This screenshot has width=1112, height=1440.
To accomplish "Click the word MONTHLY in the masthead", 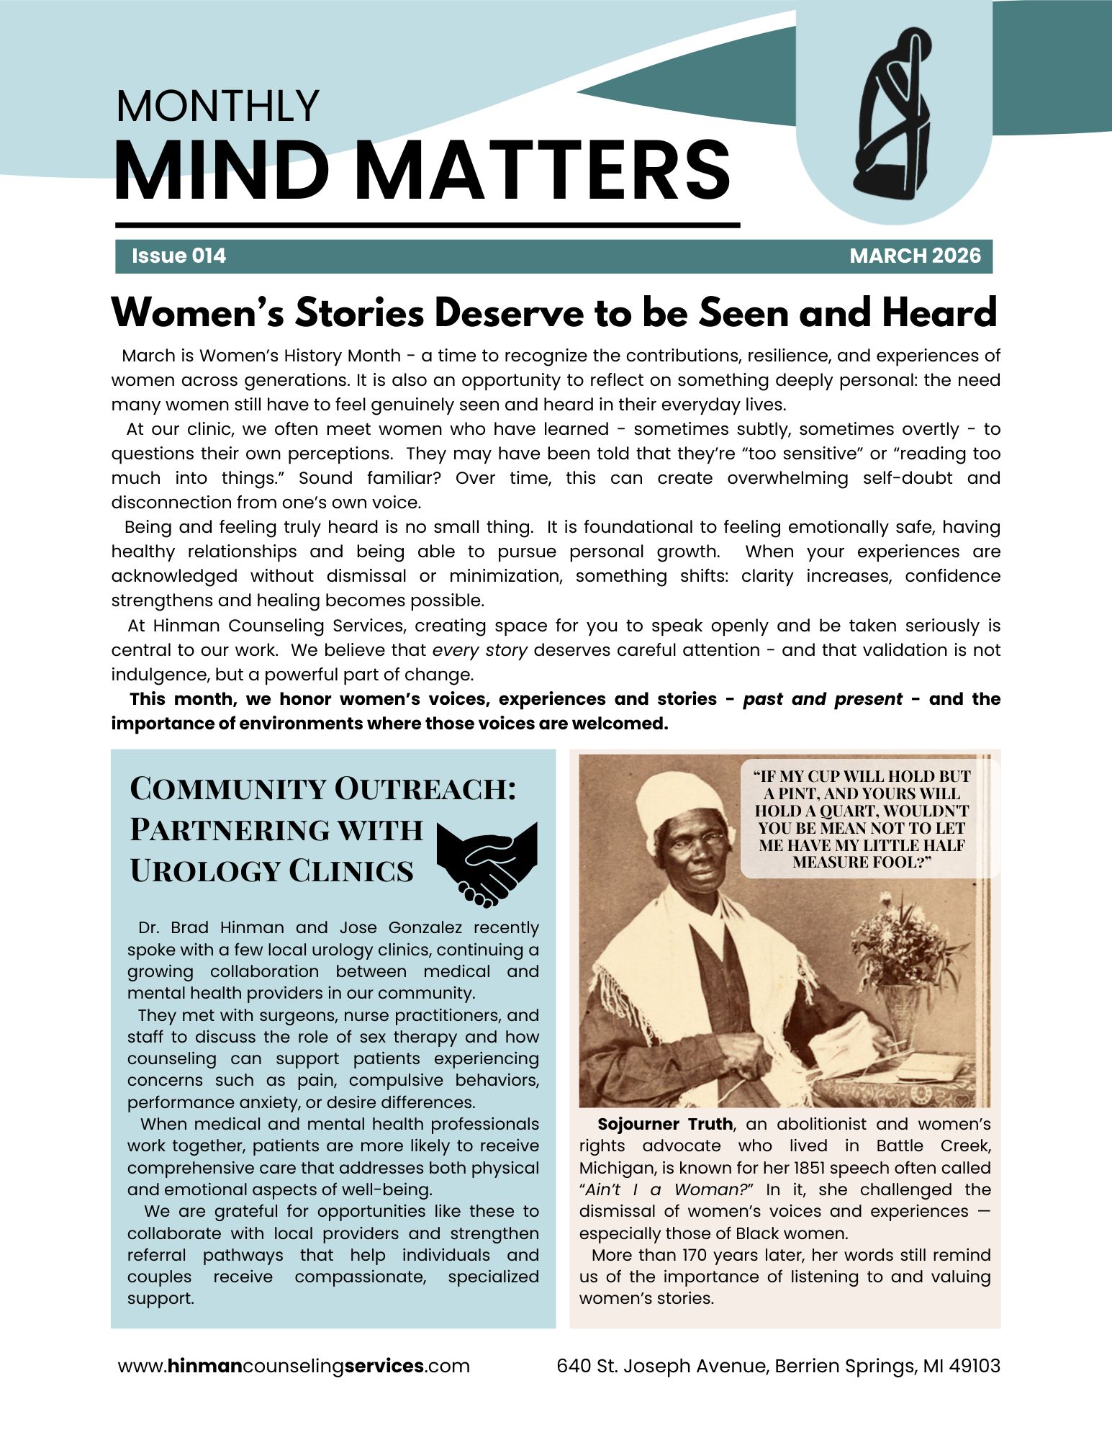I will pyautogui.click(x=217, y=107).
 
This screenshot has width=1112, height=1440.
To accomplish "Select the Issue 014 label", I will pyautogui.click(x=178, y=256).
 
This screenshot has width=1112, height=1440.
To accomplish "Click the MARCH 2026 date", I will pyautogui.click(x=915, y=256).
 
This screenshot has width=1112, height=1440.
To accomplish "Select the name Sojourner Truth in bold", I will pyautogui.click(x=665, y=1125).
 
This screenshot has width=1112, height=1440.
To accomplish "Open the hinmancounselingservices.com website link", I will pyautogui.click(x=294, y=1366).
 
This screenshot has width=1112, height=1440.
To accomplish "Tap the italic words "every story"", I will pyautogui.click(x=479, y=650).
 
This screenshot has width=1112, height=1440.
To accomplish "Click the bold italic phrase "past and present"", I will pyautogui.click(x=822, y=699).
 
